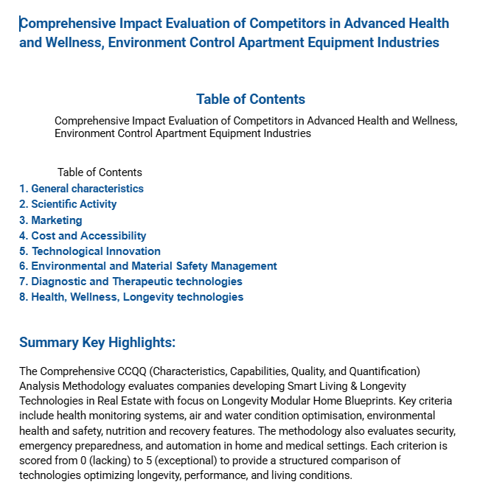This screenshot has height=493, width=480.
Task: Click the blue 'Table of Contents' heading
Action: click(x=250, y=99)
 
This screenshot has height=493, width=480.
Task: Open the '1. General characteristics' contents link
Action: click(x=81, y=189)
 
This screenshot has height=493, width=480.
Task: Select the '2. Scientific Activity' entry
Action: click(x=68, y=204)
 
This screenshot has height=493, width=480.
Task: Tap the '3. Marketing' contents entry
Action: click(x=50, y=220)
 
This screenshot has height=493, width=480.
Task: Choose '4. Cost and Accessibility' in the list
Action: click(x=83, y=236)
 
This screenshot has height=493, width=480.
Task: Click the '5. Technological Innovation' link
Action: click(x=89, y=251)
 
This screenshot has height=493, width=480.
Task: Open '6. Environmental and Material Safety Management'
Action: click(x=147, y=266)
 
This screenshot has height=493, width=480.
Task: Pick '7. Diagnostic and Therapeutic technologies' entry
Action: click(x=131, y=282)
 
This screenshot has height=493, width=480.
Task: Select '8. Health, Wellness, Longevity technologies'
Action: click(x=131, y=297)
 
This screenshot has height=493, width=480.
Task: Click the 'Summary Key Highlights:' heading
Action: click(x=97, y=343)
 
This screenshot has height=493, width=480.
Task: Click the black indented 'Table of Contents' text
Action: click(x=100, y=172)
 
